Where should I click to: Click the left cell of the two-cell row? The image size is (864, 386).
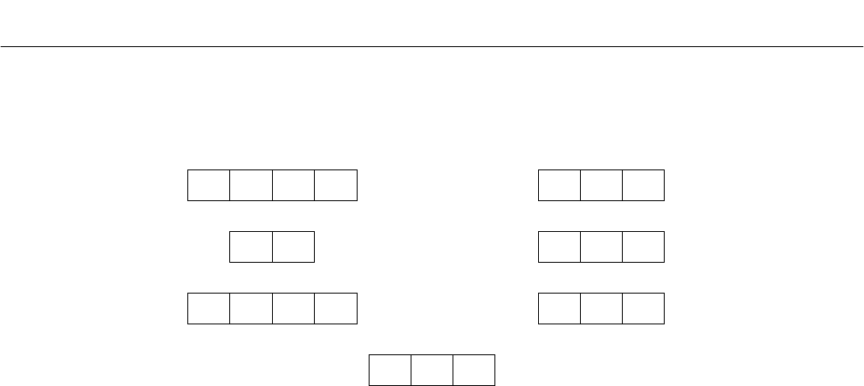click(252, 246)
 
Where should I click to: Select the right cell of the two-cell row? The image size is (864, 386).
click(293, 246)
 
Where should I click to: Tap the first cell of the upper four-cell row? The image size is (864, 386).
click(209, 185)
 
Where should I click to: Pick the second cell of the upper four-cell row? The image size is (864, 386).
click(252, 185)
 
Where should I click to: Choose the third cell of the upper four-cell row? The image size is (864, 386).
click(293, 185)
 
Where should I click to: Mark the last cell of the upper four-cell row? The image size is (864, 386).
click(335, 185)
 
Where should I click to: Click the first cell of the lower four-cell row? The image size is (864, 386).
click(209, 308)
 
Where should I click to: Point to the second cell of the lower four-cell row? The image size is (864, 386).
click(252, 308)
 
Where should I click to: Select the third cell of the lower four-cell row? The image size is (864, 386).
click(293, 308)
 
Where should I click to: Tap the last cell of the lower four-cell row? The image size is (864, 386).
click(335, 308)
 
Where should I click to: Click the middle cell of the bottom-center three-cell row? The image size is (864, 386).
click(432, 369)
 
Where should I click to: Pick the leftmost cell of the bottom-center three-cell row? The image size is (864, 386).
click(390, 369)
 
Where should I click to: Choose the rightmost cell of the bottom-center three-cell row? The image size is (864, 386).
click(474, 369)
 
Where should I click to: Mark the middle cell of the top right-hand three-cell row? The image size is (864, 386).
click(601, 185)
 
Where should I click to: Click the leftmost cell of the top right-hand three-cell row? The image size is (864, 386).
click(559, 185)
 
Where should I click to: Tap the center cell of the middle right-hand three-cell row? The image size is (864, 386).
click(601, 246)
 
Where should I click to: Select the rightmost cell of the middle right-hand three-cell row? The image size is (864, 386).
click(643, 246)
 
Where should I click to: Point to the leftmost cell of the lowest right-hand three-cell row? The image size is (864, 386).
click(559, 308)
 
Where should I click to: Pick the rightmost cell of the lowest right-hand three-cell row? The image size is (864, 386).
click(643, 308)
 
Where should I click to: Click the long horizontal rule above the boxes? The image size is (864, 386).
click(432, 46)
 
